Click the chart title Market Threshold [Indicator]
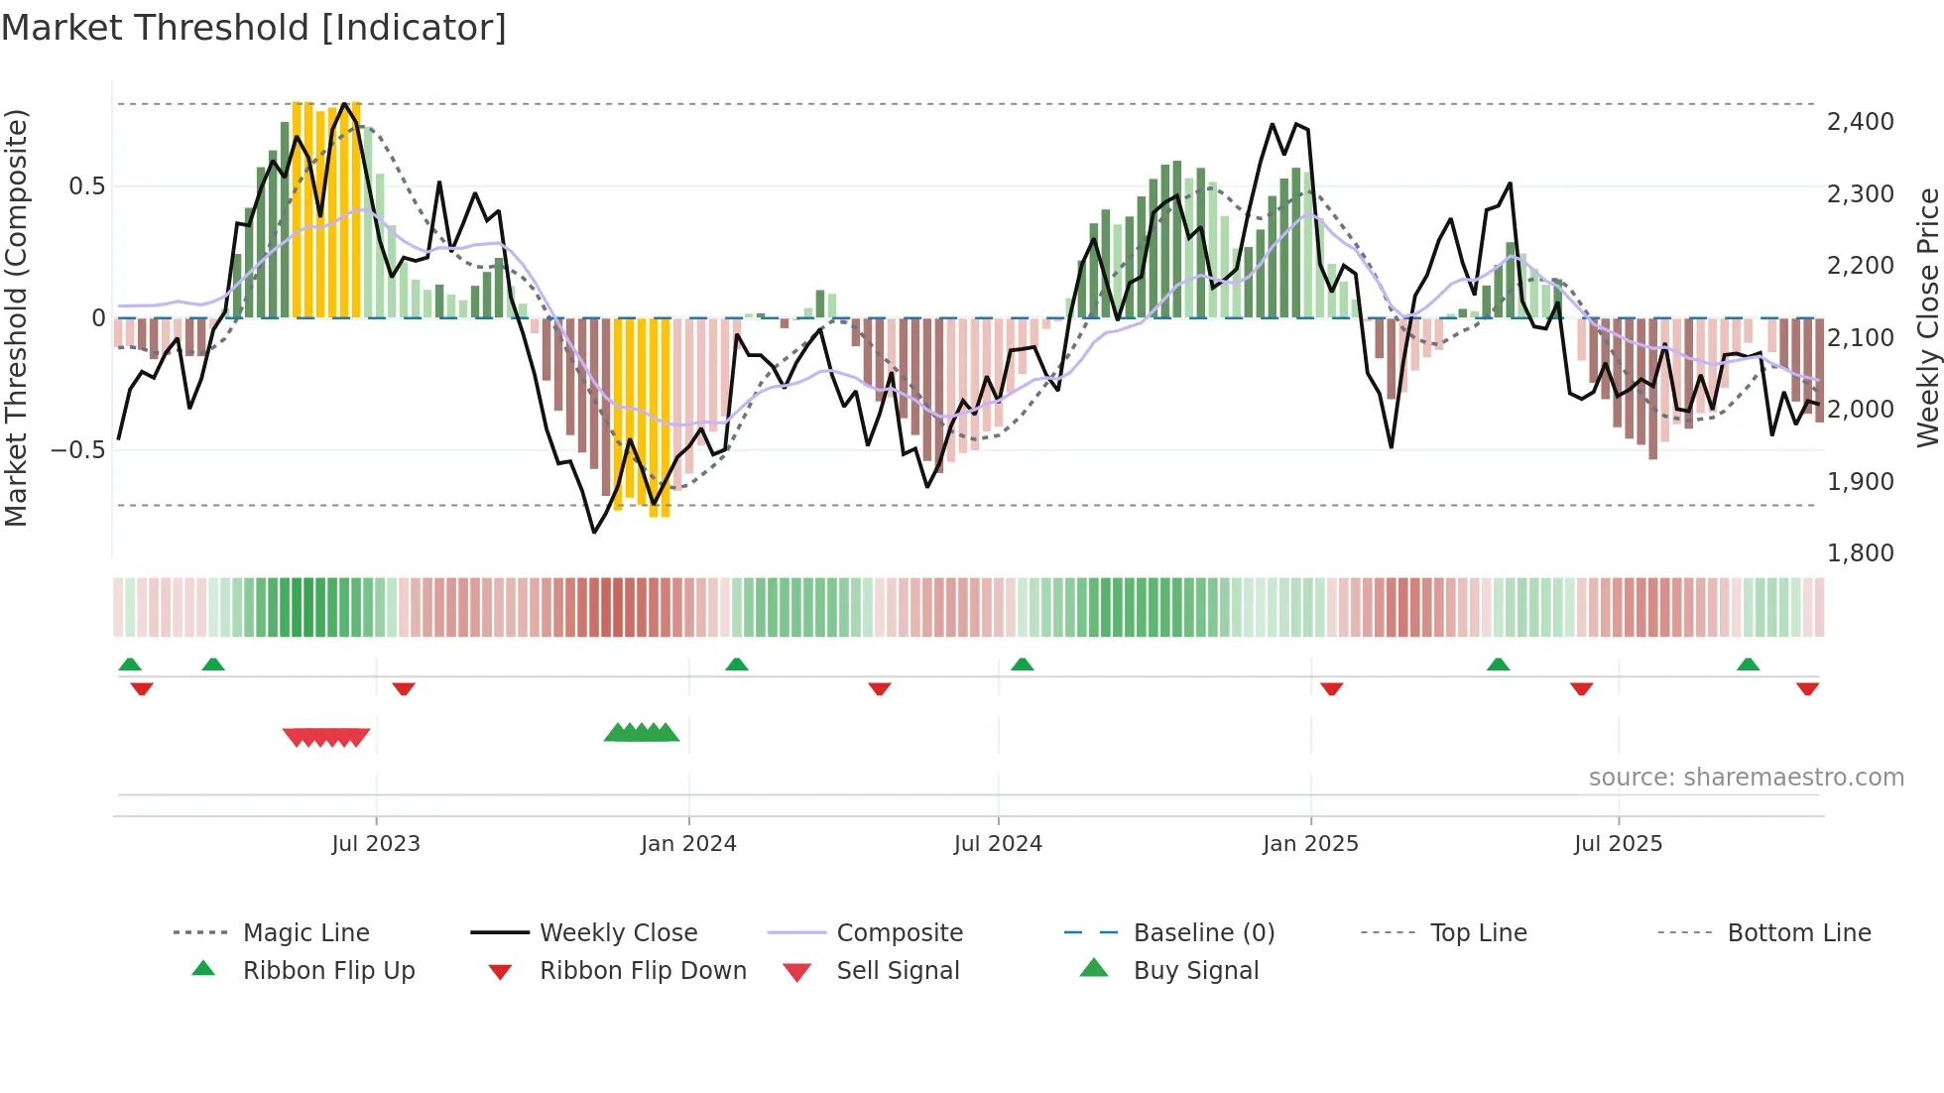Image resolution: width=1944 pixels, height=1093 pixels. pos(254,28)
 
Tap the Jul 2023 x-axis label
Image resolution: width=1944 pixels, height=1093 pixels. pos(376,844)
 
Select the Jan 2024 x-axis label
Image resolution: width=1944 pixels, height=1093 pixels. pos(688,844)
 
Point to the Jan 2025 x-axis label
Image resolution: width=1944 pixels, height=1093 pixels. pos(1310,844)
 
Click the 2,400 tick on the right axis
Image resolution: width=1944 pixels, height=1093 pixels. pos(1860,122)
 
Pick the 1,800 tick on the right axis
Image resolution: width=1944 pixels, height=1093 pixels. pos(1860,553)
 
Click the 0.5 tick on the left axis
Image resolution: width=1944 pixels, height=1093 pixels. pos(86,186)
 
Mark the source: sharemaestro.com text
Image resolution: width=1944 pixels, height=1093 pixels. pos(1746,778)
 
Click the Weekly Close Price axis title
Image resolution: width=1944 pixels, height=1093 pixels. pos(1927,317)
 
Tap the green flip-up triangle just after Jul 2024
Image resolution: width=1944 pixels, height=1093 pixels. pos(1023,665)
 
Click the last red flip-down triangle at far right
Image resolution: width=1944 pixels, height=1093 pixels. pos(1807,688)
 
